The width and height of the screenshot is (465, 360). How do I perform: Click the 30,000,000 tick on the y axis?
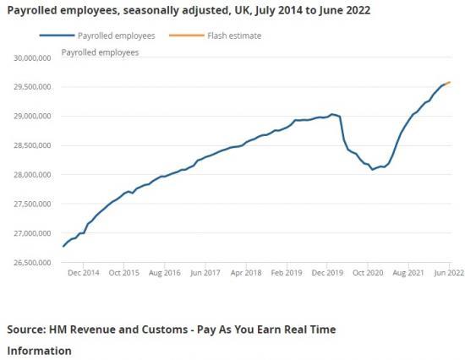(x=30, y=57)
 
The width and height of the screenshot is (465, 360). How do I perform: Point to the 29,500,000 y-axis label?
(x=30, y=87)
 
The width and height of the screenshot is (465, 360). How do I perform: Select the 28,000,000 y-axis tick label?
(x=30, y=175)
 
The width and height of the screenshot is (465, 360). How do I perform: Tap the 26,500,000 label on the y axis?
(x=30, y=263)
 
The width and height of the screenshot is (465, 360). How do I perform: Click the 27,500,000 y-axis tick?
(x=30, y=205)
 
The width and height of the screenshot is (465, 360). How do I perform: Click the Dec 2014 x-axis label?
(x=84, y=273)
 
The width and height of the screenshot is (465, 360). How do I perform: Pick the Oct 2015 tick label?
(x=124, y=273)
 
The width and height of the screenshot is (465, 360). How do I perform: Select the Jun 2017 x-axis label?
(x=206, y=273)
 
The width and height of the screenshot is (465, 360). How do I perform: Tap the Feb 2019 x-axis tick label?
(x=287, y=273)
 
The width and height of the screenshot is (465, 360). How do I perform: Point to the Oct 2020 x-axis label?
(x=369, y=273)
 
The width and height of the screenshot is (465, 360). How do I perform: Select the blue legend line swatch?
(x=57, y=35)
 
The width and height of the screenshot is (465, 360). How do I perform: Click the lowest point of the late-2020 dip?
(x=373, y=170)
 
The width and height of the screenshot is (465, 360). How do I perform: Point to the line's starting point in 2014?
(x=63, y=246)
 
